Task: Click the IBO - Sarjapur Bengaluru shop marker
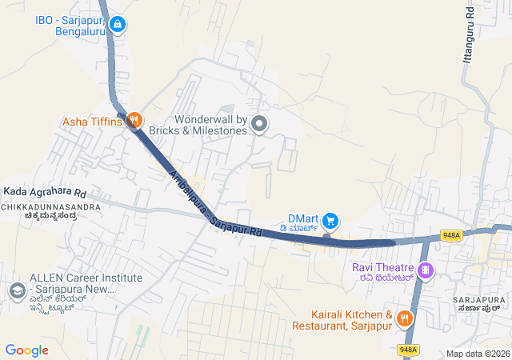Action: pos(118,26)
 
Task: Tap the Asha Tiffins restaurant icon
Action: pos(134,122)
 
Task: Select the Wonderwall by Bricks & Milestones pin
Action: pos(258,124)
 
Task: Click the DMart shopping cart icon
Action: pos(330,220)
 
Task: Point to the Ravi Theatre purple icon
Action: pos(426,270)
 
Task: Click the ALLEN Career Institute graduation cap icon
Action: pos(16,291)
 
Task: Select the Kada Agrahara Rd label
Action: pos(45,192)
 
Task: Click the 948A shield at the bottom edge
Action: pos(408,350)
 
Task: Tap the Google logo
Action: pos(27,350)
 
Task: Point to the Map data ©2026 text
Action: pos(478,354)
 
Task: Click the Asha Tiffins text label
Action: pos(93,122)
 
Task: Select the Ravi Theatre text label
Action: pos(383,267)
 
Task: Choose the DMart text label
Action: pos(303,218)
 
